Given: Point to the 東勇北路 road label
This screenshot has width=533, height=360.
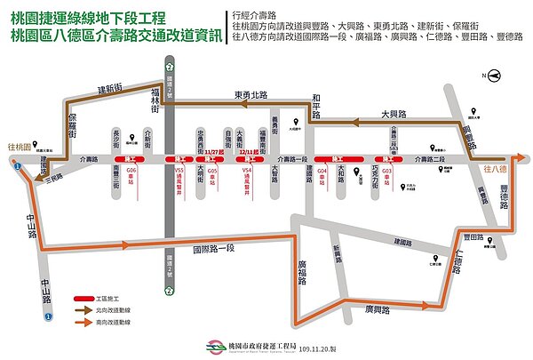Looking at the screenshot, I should tap(251, 94).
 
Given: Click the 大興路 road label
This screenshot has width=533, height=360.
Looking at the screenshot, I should tap(393, 115).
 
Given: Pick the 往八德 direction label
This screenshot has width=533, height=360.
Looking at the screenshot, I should tap(494, 168).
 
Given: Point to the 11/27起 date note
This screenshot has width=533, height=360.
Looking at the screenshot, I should tap(214, 151).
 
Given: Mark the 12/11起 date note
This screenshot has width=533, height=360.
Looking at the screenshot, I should tap(249, 151).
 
